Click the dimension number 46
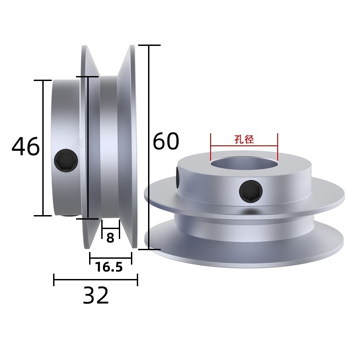pyautogui.click(x=26, y=147)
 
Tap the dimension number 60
pyautogui.click(x=166, y=141)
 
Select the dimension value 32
pyautogui.click(x=96, y=295)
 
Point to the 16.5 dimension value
pyautogui.click(x=109, y=267)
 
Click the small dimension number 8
pyautogui.click(x=110, y=238)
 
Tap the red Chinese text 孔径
pyautogui.click(x=244, y=139)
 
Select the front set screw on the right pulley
pyautogui.click(x=251, y=191)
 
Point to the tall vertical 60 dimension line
pyautogui.click(x=149, y=147)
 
